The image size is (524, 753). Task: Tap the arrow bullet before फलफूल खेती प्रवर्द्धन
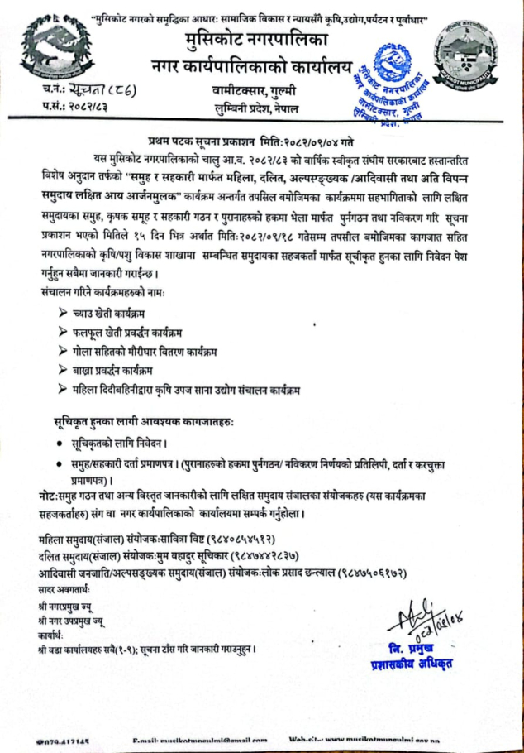(64, 333)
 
